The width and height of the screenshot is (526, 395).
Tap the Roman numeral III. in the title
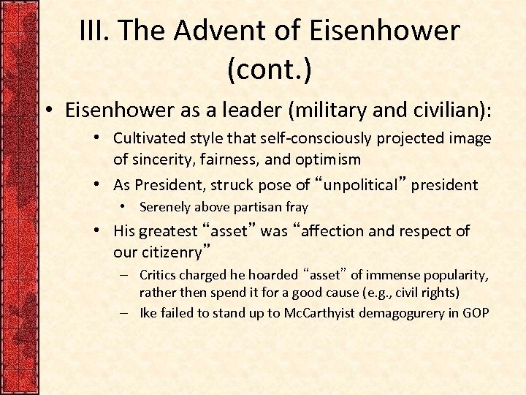(96, 31)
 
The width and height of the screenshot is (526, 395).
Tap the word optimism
(327, 159)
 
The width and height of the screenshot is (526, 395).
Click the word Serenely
(167, 207)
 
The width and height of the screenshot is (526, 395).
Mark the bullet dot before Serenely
(126, 207)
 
